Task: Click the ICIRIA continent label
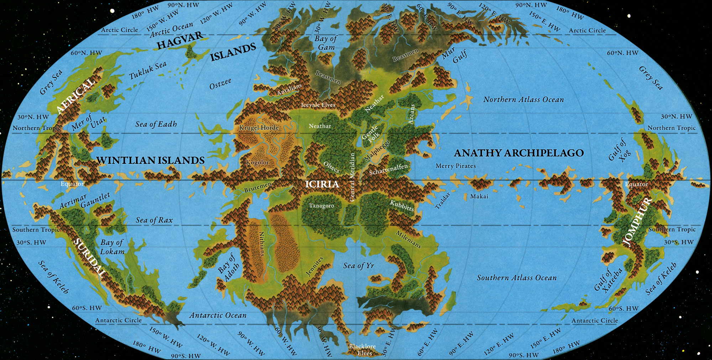pos(322,184)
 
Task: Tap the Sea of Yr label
pos(358,266)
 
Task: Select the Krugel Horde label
pos(259,127)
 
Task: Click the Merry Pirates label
pos(455,166)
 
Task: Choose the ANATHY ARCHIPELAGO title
pos(519,153)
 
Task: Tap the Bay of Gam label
pos(326,43)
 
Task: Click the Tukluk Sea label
pos(147,71)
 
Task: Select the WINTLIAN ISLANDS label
pos(150,161)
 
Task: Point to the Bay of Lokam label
pos(112,247)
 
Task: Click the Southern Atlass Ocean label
pos(517,278)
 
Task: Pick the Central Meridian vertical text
pos(352,177)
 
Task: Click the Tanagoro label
pos(321,206)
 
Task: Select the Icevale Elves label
pos(318,105)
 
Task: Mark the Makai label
pos(479,197)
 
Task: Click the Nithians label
pos(262,244)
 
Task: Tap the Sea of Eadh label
pos(156,124)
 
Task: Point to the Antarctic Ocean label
pos(218,315)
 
